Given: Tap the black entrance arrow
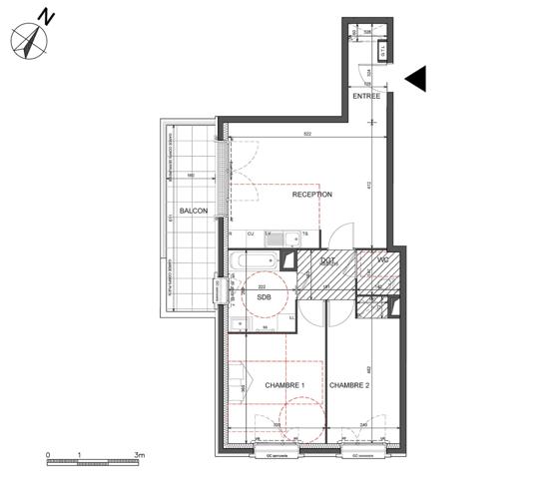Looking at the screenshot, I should tap(417, 79).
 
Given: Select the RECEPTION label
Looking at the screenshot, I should tap(311, 195).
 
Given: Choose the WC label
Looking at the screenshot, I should tap(381, 261).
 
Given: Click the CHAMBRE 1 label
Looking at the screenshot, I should tap(284, 385).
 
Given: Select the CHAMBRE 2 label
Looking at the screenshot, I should tap(349, 385).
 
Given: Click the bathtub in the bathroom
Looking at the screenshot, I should tap(256, 262).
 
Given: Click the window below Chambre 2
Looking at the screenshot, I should tap(362, 454).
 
